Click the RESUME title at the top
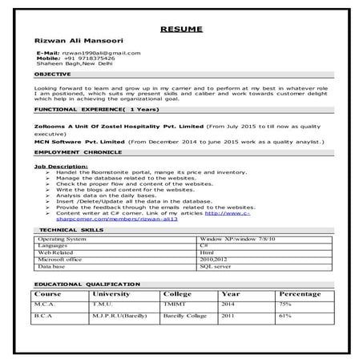click(x=182, y=29)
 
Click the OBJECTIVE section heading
click(x=52, y=74)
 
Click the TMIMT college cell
click(x=172, y=305)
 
